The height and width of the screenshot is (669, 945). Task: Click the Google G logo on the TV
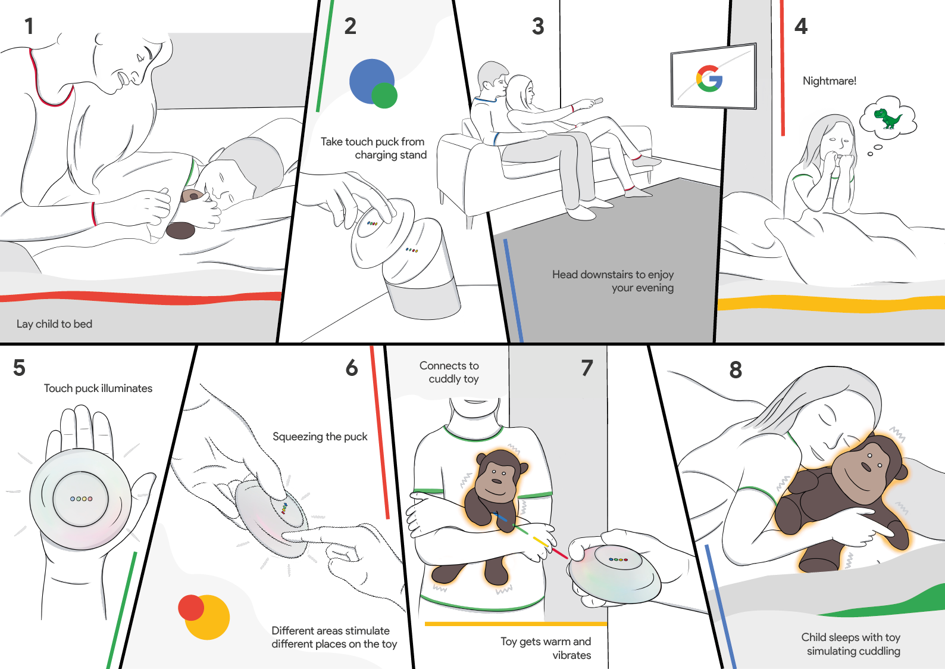[709, 78]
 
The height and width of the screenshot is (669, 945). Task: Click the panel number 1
[29, 26]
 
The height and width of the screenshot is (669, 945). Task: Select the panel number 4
[801, 26]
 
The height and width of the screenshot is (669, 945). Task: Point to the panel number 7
[587, 368]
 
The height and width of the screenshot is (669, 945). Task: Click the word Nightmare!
[829, 81]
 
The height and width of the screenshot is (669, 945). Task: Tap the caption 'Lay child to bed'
[54, 324]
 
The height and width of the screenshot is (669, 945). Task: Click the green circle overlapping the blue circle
[384, 95]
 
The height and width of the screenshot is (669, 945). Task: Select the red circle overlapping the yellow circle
[191, 608]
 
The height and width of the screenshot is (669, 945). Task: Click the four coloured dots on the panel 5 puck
[81, 499]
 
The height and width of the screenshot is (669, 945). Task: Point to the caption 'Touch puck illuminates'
[98, 388]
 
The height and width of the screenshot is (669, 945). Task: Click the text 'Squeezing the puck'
[320, 437]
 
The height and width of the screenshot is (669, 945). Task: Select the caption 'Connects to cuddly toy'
[450, 372]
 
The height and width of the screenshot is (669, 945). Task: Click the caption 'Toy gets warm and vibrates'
[546, 648]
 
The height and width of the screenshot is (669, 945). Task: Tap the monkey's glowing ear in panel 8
[900, 472]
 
